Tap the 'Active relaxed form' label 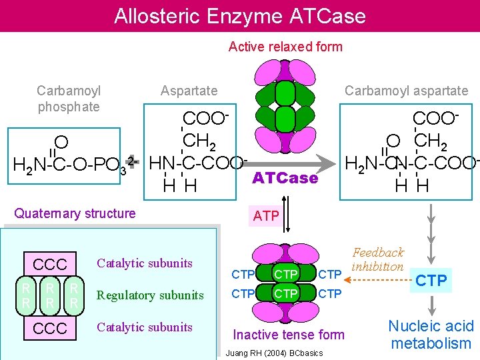pos(285,47)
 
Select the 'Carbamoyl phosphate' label pos(68,99)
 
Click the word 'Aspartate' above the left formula pos(189,91)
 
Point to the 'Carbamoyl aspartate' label pos(406,91)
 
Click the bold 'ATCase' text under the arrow pos(285,179)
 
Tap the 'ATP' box pos(266,216)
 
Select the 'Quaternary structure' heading pos(75,213)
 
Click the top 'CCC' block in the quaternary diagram pos(50,265)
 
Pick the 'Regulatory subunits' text pos(150,295)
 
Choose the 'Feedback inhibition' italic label pos(378,259)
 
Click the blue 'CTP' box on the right pos(431,280)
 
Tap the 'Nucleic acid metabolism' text pos(431,335)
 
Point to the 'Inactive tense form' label pos(288,335)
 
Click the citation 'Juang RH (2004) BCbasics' pos(275,353)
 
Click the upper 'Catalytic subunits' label pos(145,263)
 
